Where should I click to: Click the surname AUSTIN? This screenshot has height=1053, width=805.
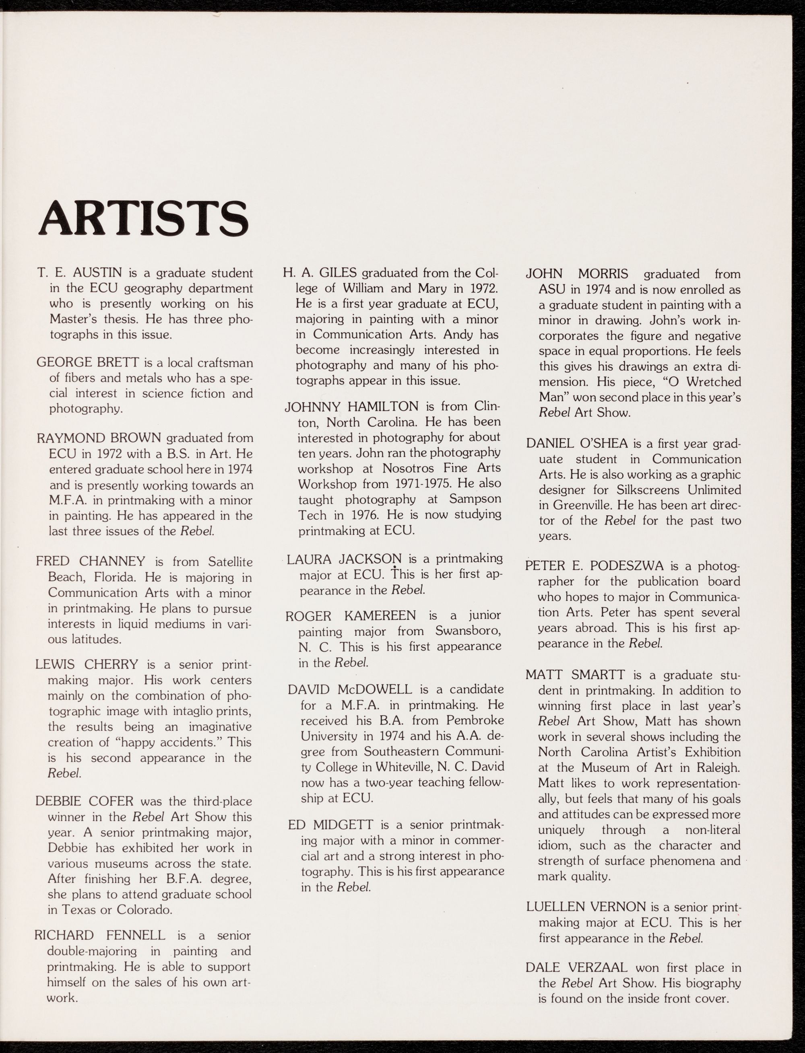98,273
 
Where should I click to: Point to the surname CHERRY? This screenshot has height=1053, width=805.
111,664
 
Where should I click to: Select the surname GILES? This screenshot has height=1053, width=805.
338,273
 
